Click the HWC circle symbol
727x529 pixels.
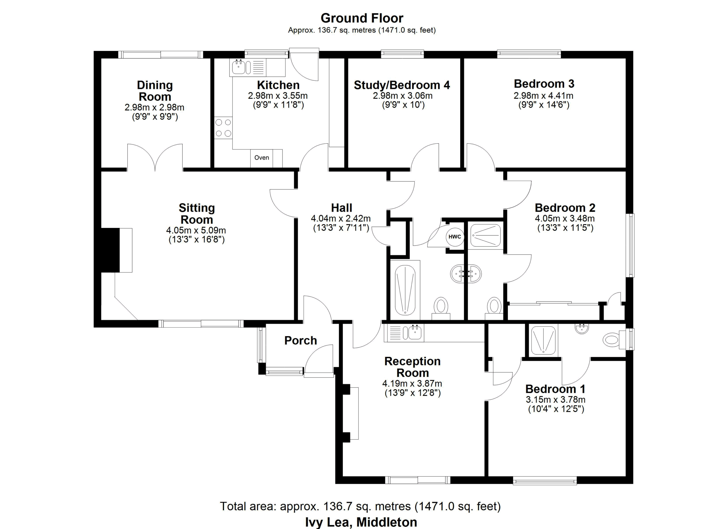point(455,237)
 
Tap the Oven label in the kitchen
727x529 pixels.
point(262,158)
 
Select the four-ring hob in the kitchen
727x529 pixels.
point(223,128)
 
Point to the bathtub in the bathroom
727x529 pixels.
point(405,290)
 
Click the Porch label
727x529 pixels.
point(300,340)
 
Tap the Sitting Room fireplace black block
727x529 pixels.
point(110,250)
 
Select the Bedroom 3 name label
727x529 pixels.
point(544,84)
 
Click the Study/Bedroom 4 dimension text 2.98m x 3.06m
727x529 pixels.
point(403,95)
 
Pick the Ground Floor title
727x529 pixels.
point(362,18)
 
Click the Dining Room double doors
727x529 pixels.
point(155,157)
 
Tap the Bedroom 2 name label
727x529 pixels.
point(565,208)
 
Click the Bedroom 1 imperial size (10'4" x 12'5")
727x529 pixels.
point(556,409)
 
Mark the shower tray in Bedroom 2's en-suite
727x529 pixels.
point(486,235)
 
